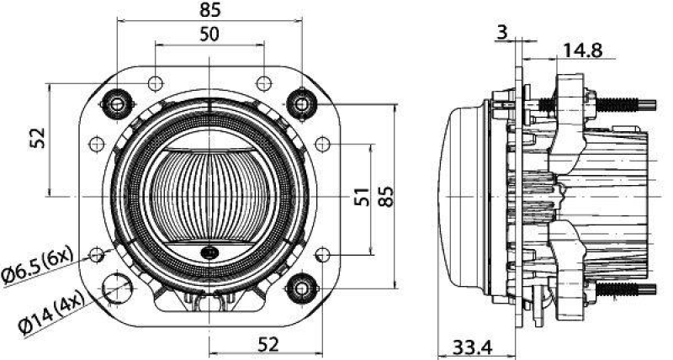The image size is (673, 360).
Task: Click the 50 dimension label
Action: pos(209,34)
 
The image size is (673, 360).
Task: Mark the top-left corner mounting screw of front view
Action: pos(118,104)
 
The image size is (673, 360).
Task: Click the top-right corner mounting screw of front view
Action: pos(300,103)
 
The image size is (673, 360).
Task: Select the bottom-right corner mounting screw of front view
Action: pos(300,290)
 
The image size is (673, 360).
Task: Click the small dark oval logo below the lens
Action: pos(209,252)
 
